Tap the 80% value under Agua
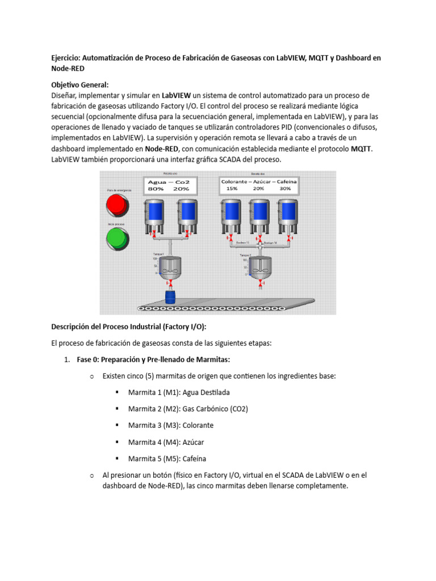[x=156, y=189]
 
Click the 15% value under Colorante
[x=232, y=188]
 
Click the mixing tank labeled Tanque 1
[x=170, y=265]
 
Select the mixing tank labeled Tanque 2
[x=261, y=265]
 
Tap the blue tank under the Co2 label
[x=187, y=212]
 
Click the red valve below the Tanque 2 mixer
[x=261, y=282]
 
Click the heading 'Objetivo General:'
[x=79, y=85]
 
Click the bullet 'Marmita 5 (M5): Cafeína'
[x=167, y=458]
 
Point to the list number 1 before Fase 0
[x=66, y=359]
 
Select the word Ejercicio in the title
[x=66, y=57]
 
